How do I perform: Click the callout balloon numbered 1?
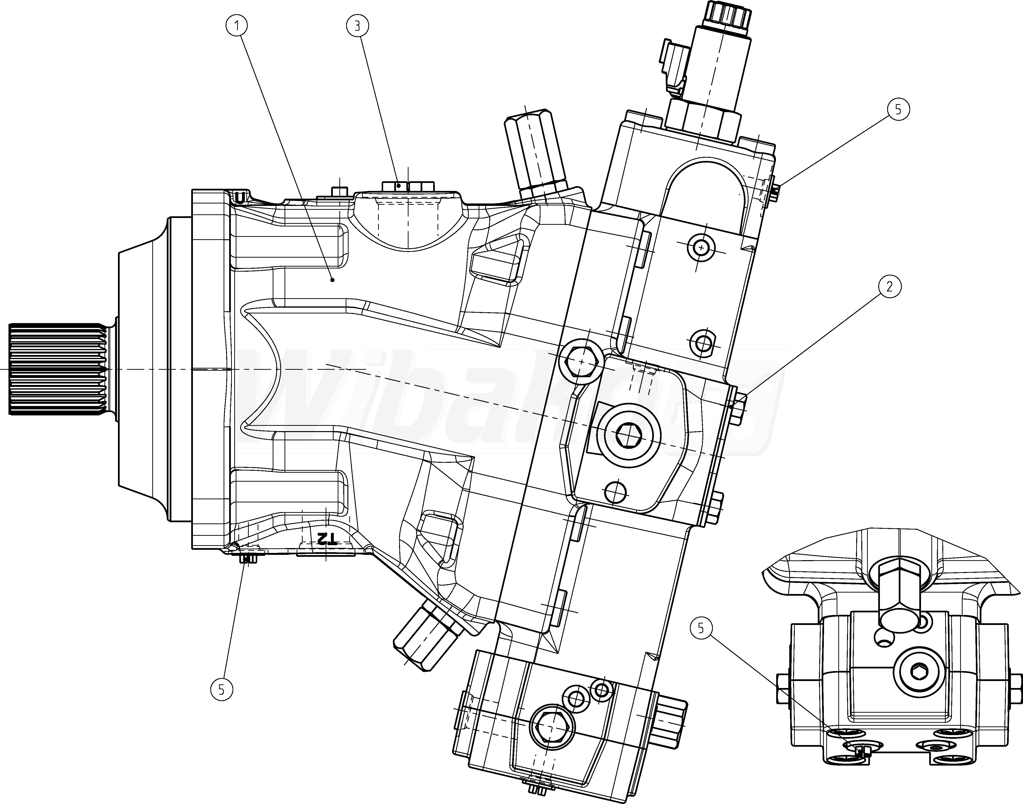pos(238,26)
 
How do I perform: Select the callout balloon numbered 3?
pos(357,26)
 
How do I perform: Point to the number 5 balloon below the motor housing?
pos(222,690)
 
